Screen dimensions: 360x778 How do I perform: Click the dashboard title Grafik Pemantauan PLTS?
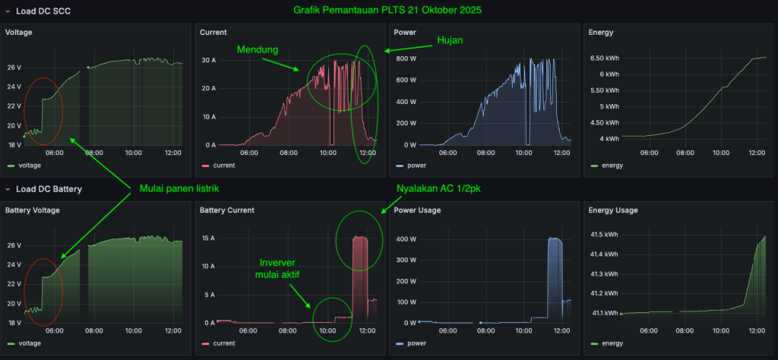pos(387,11)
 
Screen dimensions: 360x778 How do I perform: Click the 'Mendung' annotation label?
pos(256,49)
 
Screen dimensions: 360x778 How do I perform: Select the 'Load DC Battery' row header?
pos(49,188)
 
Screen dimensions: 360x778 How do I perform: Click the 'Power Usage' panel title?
pos(419,210)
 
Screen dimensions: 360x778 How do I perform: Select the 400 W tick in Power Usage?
pos(406,239)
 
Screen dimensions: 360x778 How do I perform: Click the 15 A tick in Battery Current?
pos(209,239)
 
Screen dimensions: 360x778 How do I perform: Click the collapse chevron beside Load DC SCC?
pos(8,11)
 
